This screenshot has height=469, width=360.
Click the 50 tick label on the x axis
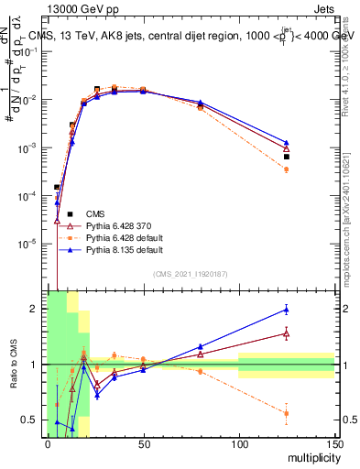(144, 445)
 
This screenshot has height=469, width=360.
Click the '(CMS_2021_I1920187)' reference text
(191, 274)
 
